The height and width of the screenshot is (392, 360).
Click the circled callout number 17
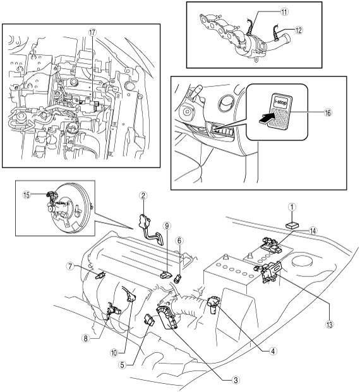(x=92, y=32)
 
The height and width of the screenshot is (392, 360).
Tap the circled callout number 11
(x=284, y=12)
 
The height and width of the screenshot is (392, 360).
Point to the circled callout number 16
(x=328, y=113)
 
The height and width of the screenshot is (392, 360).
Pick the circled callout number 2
(x=143, y=196)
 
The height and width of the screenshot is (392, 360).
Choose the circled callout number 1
(x=292, y=207)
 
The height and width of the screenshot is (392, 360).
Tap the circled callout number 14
(x=313, y=231)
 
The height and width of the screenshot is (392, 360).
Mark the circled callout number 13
(x=330, y=325)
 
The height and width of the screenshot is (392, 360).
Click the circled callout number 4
(x=273, y=352)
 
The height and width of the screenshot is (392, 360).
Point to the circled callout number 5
(x=122, y=365)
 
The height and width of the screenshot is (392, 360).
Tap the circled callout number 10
(x=114, y=353)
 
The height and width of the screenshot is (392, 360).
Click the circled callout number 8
(x=86, y=339)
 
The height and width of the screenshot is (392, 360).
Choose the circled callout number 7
(x=70, y=267)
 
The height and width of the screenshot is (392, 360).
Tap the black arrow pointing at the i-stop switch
(x=266, y=118)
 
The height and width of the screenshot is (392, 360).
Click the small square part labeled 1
(x=292, y=225)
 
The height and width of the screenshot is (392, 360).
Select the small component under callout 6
(x=177, y=278)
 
